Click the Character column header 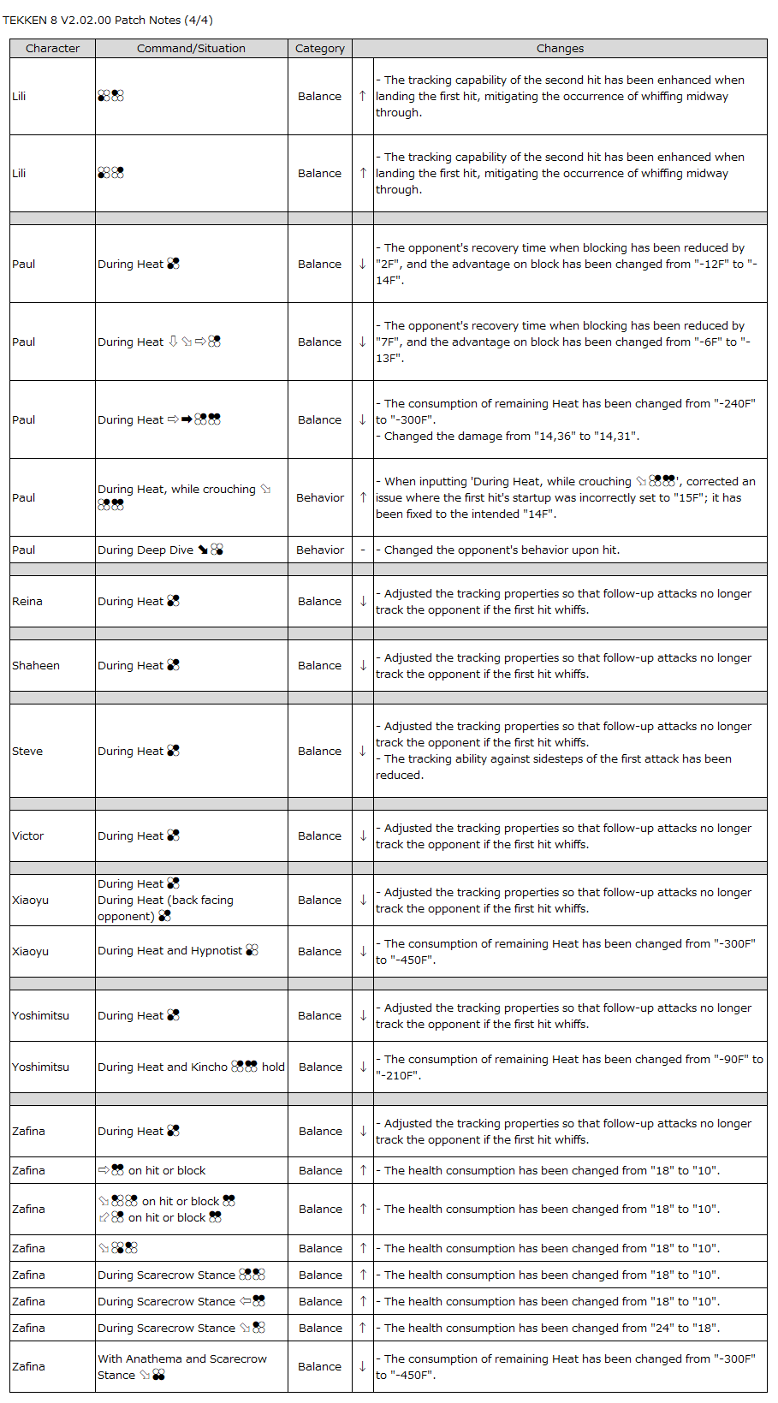tap(52, 48)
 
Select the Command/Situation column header tap(191, 48)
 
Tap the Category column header tap(319, 48)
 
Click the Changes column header tap(560, 48)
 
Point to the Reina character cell tap(27, 601)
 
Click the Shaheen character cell tap(36, 665)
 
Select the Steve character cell tap(27, 751)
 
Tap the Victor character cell tap(28, 835)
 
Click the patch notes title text tap(108, 20)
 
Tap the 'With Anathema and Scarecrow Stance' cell tap(182, 1366)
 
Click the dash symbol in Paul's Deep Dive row tap(363, 550)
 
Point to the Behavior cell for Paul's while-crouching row tap(320, 497)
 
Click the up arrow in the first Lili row tap(363, 96)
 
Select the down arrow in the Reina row tap(363, 601)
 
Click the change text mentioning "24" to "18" tap(551, 1328)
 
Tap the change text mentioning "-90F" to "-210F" tap(569, 1067)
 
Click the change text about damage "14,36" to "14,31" tap(511, 436)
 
